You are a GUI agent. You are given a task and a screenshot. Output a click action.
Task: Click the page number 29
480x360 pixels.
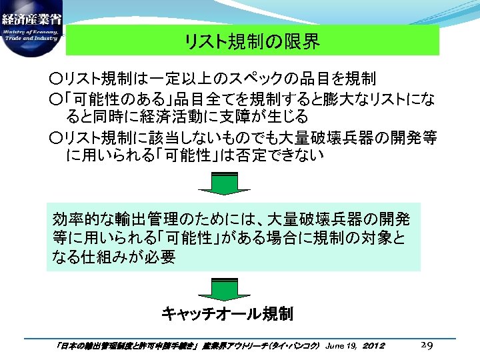pos(429,345)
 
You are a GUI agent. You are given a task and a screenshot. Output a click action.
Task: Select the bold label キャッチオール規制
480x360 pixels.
pos(227,313)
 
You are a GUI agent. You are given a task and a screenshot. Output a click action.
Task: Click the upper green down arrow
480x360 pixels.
pos(224,183)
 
